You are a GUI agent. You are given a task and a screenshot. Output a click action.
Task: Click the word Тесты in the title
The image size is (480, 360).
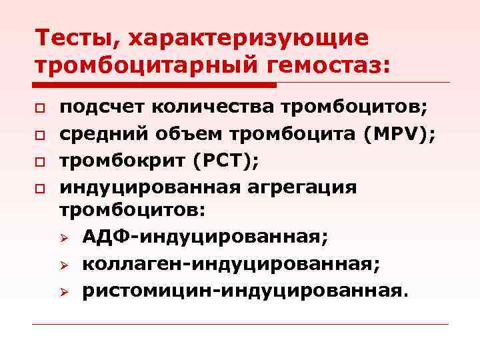(x=73, y=38)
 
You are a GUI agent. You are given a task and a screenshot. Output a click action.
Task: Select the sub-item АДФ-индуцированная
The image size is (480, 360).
(x=207, y=237)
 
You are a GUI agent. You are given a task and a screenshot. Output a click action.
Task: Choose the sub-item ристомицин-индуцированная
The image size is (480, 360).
(x=243, y=291)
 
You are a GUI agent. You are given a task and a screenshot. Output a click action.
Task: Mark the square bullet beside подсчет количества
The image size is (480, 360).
(x=41, y=109)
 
